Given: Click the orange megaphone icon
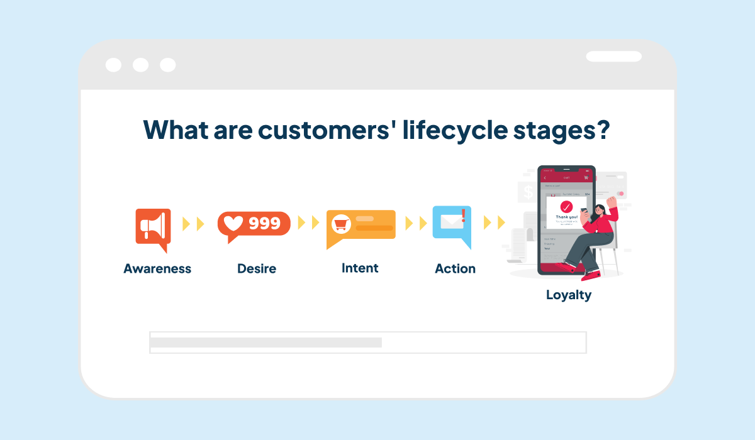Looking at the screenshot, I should click(x=153, y=226).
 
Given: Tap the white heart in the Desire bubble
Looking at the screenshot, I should click(x=234, y=223).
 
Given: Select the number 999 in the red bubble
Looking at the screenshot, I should click(x=265, y=223).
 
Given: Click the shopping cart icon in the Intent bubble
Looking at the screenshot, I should click(x=342, y=224).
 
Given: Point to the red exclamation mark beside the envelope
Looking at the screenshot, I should click(x=464, y=216).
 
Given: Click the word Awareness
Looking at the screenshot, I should click(x=157, y=268).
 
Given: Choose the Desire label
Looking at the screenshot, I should click(x=257, y=268).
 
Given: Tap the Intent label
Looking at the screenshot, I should click(x=360, y=268).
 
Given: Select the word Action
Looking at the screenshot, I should click(x=455, y=268).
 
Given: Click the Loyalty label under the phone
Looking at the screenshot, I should click(x=569, y=294).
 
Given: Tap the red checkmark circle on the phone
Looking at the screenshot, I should click(x=566, y=207).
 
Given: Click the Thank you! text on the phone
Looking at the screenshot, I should click(x=566, y=217).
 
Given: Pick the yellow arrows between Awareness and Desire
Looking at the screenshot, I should click(x=193, y=224).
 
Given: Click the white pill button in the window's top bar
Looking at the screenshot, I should click(x=613, y=57).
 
